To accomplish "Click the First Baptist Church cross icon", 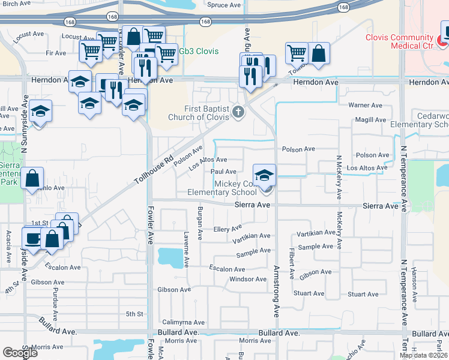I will pyautogui.click(x=238, y=111).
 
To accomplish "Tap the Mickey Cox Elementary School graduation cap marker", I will pyautogui.click(x=264, y=176).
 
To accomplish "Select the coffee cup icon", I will pyautogui.click(x=32, y=237).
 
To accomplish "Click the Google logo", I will pyautogui.click(x=20, y=353).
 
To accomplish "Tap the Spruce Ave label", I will pyautogui.click(x=224, y=5).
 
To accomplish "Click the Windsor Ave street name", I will pyautogui.click(x=248, y=279).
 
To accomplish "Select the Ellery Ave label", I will pyautogui.click(x=228, y=229).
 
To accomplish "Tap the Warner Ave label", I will pyautogui.click(x=366, y=105).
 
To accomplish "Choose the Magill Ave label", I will pyautogui.click(x=369, y=121).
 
